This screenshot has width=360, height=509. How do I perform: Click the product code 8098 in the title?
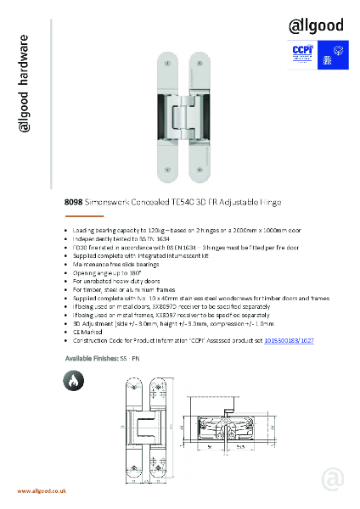click(74, 203)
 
